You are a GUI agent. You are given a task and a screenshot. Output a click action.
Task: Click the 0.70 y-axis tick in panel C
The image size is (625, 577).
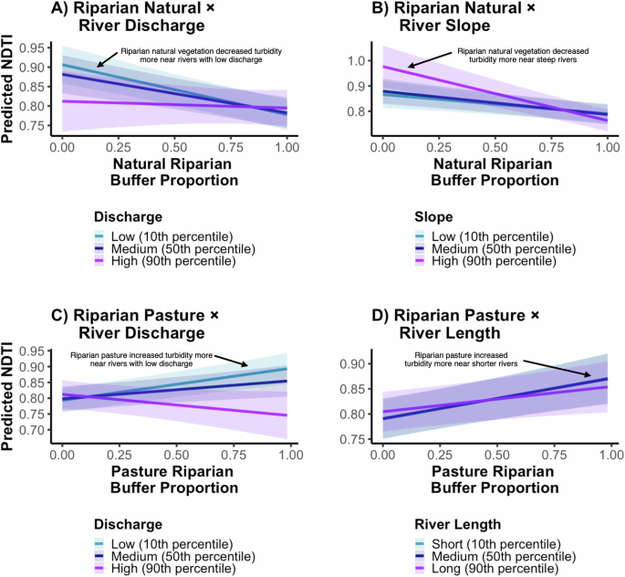point(36,429)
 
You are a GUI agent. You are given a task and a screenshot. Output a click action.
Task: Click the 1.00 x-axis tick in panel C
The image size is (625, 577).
point(286,455)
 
